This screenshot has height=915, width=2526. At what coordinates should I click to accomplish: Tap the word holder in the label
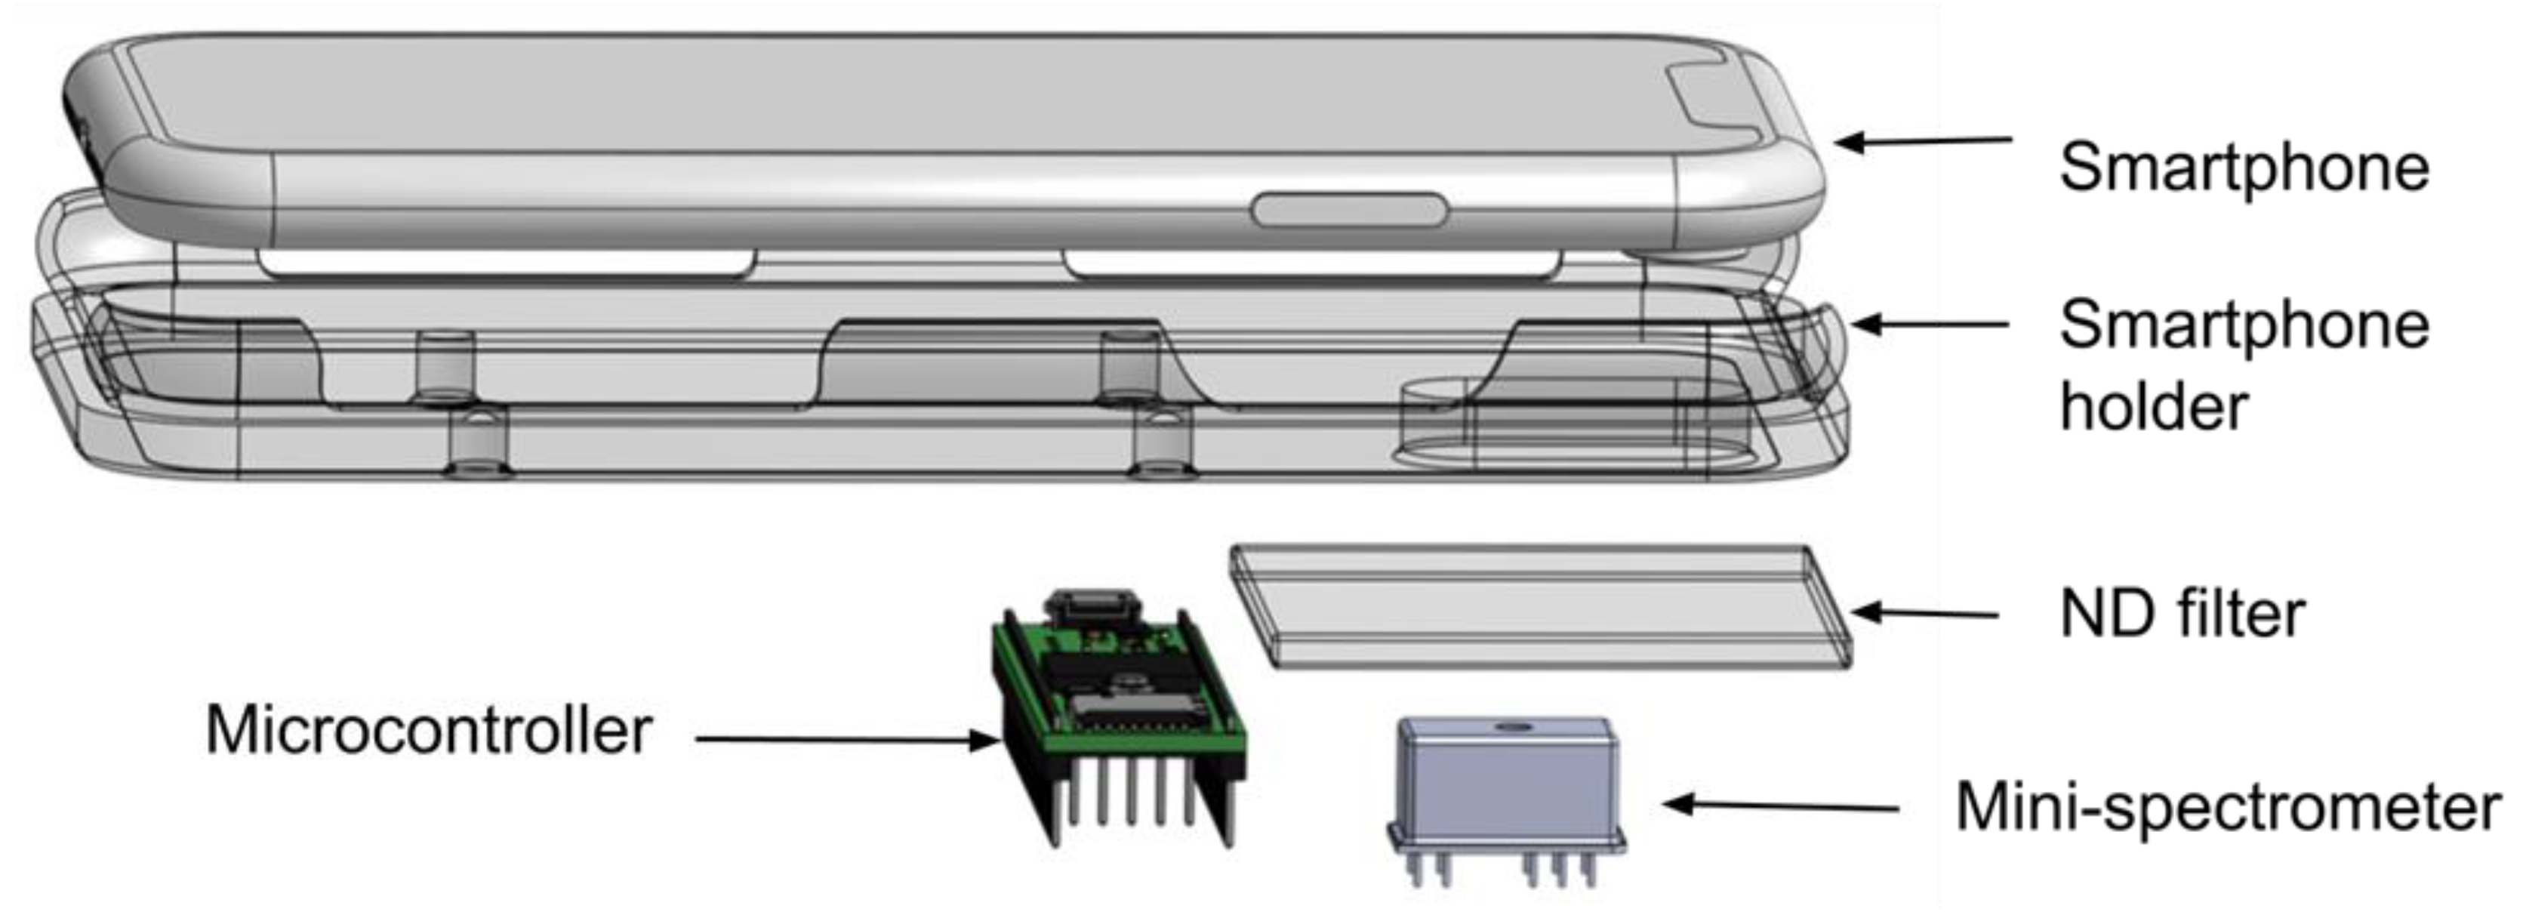click(2153, 406)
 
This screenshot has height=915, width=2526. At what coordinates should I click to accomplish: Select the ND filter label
click(2183, 615)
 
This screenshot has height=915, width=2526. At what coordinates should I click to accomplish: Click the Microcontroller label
click(429, 731)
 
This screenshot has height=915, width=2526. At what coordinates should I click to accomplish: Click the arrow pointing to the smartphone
click(1922, 142)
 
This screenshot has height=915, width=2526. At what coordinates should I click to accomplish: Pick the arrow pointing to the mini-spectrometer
click(1780, 806)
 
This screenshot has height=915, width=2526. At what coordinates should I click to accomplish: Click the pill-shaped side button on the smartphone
click(1349, 210)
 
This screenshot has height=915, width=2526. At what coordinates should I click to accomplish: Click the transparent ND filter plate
click(1539, 608)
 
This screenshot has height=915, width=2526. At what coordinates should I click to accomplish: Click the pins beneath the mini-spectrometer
click(1500, 868)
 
